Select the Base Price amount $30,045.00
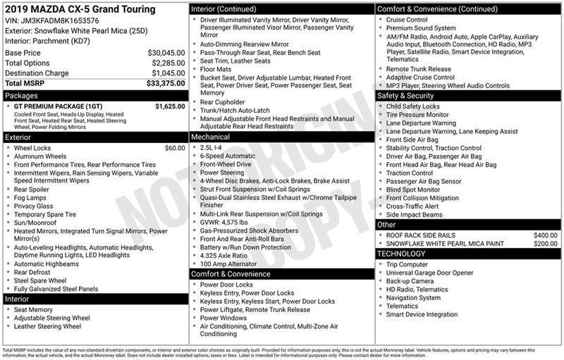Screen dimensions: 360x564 [x=166, y=53]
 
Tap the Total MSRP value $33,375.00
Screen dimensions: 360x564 [x=166, y=83]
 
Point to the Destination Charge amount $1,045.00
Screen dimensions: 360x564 [x=167, y=73]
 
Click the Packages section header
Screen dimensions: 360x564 [x=21, y=94]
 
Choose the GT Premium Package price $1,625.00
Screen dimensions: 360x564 [x=170, y=106]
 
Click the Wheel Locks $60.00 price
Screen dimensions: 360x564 [x=175, y=148]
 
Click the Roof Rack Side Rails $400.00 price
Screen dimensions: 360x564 [x=545, y=235]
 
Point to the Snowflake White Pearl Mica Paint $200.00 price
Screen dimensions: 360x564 [x=545, y=244]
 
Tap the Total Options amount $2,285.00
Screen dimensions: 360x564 [x=167, y=63]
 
